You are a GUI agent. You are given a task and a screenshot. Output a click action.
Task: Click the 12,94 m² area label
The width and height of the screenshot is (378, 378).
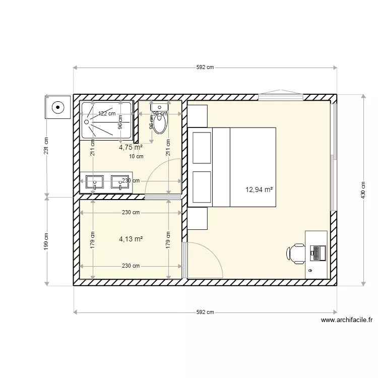click(x=259, y=190)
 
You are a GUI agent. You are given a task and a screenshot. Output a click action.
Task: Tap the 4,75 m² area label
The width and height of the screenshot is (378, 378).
click(x=131, y=148)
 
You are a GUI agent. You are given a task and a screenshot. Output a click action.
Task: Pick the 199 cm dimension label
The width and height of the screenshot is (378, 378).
click(x=46, y=242)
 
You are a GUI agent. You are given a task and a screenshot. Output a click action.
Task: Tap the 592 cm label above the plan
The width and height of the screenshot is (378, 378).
click(x=205, y=68)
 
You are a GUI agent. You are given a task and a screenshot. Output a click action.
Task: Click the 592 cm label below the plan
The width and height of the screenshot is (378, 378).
click(x=205, y=312)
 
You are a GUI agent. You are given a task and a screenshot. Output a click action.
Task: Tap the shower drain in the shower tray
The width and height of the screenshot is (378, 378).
click(x=87, y=121)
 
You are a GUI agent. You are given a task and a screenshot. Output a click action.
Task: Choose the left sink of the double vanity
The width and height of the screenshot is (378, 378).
click(x=95, y=182)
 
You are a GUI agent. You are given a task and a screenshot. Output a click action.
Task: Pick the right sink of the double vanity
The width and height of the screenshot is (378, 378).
click(x=120, y=182)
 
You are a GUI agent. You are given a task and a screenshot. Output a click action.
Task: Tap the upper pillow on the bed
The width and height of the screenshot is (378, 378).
click(x=201, y=147)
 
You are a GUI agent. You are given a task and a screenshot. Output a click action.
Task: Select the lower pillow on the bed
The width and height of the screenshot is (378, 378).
click(x=201, y=187)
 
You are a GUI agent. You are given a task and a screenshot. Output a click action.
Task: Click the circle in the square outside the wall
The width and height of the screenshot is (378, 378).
click(x=58, y=107)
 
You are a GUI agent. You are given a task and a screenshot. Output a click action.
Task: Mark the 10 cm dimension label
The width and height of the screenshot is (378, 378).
click(x=137, y=156)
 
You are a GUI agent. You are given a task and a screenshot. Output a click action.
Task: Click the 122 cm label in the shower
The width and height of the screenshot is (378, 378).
click(x=106, y=114)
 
